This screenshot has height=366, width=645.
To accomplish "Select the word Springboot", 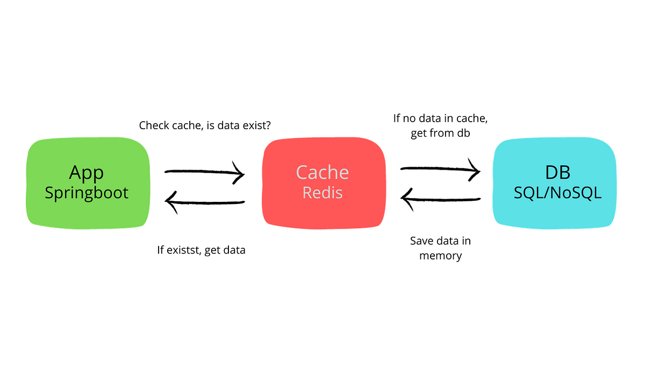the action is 87,193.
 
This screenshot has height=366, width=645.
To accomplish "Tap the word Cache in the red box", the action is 322,172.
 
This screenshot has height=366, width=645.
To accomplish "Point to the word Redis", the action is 322,192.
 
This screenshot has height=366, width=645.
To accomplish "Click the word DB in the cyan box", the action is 558,172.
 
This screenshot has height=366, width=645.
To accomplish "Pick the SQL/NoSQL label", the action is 558,193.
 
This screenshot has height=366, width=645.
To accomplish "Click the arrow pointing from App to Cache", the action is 204,172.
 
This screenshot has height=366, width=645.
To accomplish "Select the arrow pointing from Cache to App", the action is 204,202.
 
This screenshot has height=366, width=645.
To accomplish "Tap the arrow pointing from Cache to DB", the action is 440,169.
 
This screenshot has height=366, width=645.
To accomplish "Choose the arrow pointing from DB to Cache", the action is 440,199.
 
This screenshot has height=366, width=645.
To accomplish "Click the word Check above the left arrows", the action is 154,125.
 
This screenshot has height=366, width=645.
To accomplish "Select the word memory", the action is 441,256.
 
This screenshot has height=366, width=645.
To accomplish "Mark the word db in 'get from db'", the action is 463,133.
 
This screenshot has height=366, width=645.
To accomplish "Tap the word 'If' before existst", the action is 160,250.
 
